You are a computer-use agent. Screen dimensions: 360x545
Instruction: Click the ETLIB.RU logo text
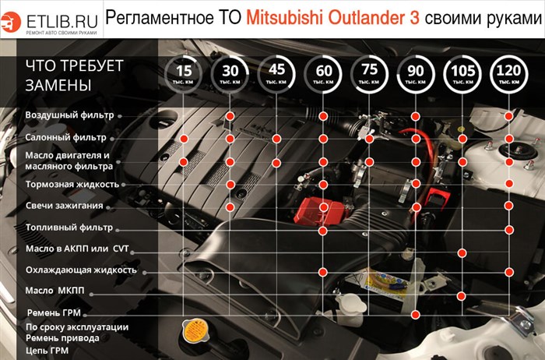62,19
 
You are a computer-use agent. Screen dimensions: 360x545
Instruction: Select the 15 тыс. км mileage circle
184,73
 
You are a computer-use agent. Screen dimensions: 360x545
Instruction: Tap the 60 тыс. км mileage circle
323,73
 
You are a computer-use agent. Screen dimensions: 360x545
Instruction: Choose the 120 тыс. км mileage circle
509,73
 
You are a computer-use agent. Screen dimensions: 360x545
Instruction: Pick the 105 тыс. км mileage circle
462,73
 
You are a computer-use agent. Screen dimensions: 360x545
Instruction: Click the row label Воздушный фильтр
69,115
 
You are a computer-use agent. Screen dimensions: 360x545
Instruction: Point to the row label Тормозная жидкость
72,185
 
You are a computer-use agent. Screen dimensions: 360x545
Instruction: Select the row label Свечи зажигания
64,206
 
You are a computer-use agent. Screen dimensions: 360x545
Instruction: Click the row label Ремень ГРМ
54,312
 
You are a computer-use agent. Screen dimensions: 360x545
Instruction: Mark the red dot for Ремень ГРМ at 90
416,314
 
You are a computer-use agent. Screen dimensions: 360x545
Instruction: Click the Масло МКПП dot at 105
462,295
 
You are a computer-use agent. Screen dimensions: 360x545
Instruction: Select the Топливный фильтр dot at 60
323,231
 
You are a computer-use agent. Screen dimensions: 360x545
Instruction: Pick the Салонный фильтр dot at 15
184,139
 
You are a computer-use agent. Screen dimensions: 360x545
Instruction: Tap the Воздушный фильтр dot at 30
230,116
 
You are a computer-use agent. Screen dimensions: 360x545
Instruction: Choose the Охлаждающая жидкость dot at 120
509,272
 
